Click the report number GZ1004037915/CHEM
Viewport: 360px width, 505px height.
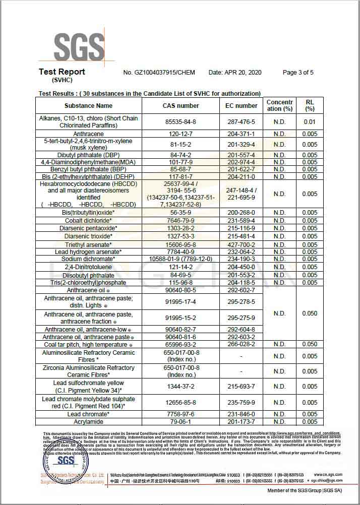pyautogui.click(x=160, y=73)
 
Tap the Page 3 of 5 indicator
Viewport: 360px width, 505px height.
pyautogui.click(x=298, y=73)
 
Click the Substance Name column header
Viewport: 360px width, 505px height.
pyautogui.click(x=88, y=106)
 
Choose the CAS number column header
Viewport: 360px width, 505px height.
pyautogui.click(x=181, y=106)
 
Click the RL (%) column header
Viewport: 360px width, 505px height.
pyautogui.click(x=310, y=105)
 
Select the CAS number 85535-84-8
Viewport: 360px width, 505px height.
pyautogui.click(x=181, y=122)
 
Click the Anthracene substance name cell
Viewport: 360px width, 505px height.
pyautogui.click(x=88, y=134)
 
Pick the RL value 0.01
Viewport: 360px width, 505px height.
pyautogui.click(x=310, y=122)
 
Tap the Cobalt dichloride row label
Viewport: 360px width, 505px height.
pyautogui.click(x=88, y=221)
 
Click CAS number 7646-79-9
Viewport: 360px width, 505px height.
pyautogui.click(x=181, y=221)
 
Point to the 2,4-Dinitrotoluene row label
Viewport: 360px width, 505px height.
pyautogui.click(x=88, y=267)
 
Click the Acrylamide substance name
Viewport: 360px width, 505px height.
pyautogui.click(x=88, y=421)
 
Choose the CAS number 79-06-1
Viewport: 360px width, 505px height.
pyautogui.click(x=181, y=421)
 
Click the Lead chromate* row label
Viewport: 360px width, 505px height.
pyautogui.click(x=88, y=414)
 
